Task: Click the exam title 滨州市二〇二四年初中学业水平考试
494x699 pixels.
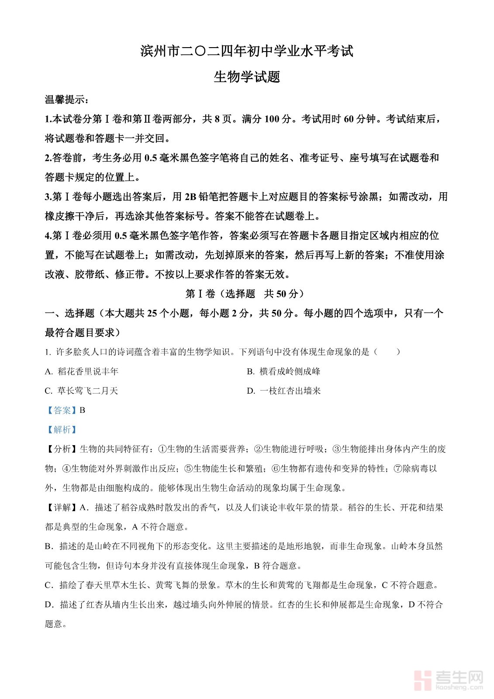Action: point(247,51)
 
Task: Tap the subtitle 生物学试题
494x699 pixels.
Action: point(247,77)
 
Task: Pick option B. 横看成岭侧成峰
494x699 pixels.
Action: point(283,372)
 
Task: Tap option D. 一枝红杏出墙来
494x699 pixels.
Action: point(283,391)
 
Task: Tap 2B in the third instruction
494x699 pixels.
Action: point(191,197)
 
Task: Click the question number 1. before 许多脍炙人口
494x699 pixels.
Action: point(48,352)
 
